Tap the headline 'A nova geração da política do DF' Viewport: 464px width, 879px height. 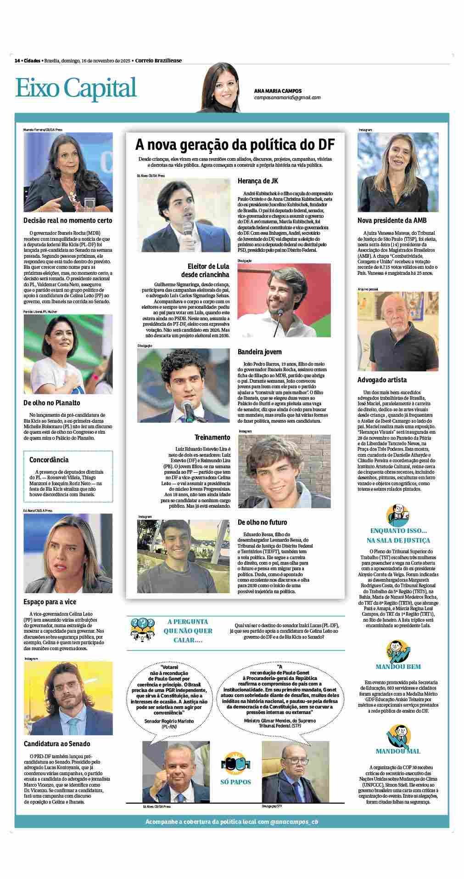point(235,145)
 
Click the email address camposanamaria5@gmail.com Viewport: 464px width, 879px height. point(287,97)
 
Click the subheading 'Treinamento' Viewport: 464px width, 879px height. point(212,437)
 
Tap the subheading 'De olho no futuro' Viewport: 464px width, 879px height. point(262,522)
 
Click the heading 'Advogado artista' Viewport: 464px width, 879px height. point(382,380)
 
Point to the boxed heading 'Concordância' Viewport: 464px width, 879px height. point(49,459)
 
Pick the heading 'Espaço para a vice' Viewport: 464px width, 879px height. point(50,601)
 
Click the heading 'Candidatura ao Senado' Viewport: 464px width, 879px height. point(57,743)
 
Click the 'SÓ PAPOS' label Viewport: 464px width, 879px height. point(235,782)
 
